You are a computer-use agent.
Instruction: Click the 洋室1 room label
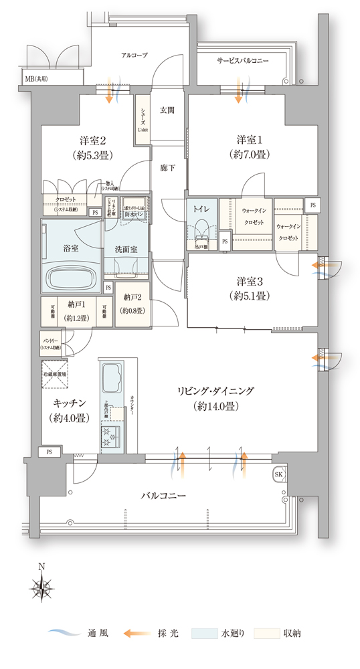[x=248, y=147]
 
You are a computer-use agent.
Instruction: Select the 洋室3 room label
[x=248, y=289]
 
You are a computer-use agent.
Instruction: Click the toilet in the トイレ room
[x=202, y=229]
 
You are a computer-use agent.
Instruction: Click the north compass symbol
[x=41, y=589]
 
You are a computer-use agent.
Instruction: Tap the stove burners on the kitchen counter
[x=110, y=439]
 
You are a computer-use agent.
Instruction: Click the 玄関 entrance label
[x=167, y=110]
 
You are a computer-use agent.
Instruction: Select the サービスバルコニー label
[x=243, y=60]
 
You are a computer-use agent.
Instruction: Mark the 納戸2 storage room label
[x=133, y=304]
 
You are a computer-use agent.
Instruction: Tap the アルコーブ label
[x=134, y=55]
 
